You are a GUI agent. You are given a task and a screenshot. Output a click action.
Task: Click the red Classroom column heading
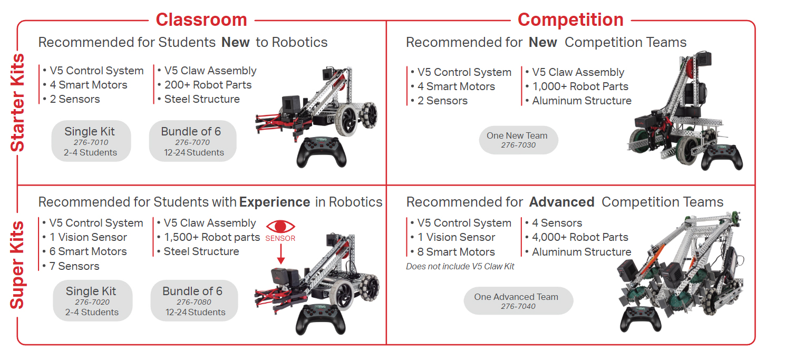[201, 20]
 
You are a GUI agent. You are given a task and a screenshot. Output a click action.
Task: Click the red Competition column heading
[570, 20]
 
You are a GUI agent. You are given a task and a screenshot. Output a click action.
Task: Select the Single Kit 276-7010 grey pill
[91, 141]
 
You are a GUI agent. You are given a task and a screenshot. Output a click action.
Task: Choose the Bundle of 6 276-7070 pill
[192, 141]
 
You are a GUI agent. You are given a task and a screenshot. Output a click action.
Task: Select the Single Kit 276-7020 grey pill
[92, 300]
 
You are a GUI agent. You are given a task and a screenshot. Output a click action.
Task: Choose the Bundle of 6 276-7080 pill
[194, 300]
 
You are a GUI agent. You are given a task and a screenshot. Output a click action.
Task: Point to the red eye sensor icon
[280, 227]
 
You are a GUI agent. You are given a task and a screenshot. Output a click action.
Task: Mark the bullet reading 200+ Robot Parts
[208, 85]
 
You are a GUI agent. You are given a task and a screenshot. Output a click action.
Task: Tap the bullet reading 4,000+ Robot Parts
[580, 237]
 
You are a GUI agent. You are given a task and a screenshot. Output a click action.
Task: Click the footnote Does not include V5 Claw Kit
[460, 266]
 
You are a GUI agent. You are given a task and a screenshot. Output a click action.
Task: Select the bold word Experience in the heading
[274, 202]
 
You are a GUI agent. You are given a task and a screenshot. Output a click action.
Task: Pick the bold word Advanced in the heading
[561, 202]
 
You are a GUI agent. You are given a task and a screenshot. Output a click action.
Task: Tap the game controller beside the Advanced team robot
[640, 319]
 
